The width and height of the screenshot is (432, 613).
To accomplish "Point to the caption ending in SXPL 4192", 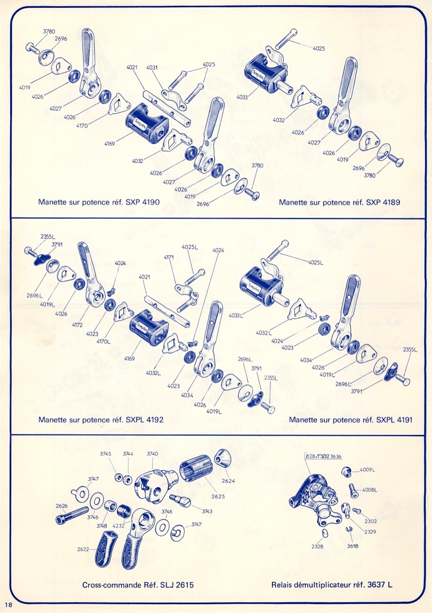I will point(101,420).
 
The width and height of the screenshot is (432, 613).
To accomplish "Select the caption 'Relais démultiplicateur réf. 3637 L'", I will point(332,585).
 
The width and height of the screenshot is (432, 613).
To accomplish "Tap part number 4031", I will point(152,68).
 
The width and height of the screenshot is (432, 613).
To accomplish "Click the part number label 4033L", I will point(233,314).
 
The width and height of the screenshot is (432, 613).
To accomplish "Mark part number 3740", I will point(152,453).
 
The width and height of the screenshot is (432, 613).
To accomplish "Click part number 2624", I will point(229,481).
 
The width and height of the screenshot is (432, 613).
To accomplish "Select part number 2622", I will point(84,549).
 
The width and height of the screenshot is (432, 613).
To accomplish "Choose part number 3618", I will point(352,546).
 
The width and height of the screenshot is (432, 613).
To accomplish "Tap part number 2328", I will point(317,546).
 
